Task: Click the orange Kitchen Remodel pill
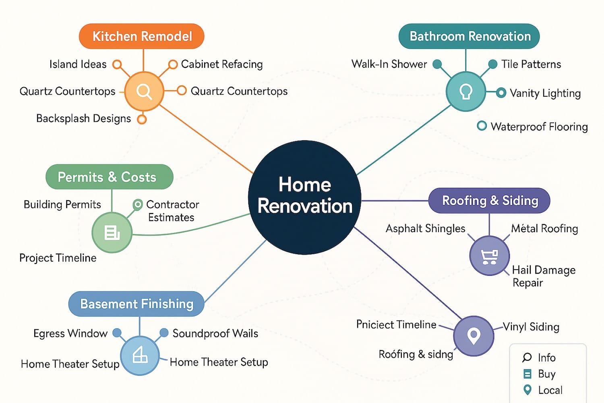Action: click(142, 36)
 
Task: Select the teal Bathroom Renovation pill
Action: click(469, 36)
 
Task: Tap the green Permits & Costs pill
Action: click(110, 177)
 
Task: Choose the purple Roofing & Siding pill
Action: click(489, 201)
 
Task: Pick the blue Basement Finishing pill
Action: click(137, 304)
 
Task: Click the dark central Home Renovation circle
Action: click(305, 197)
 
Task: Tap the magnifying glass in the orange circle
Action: click(144, 92)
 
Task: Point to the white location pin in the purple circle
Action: click(474, 336)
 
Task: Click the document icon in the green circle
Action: click(112, 233)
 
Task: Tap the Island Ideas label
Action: click(78, 64)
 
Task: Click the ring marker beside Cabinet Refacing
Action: click(173, 64)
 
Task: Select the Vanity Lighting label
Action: click(545, 93)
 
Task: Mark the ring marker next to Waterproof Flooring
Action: click(482, 126)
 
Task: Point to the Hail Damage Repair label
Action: click(544, 276)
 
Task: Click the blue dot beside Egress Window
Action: click(117, 332)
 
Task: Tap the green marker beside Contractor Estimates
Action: click(138, 205)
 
